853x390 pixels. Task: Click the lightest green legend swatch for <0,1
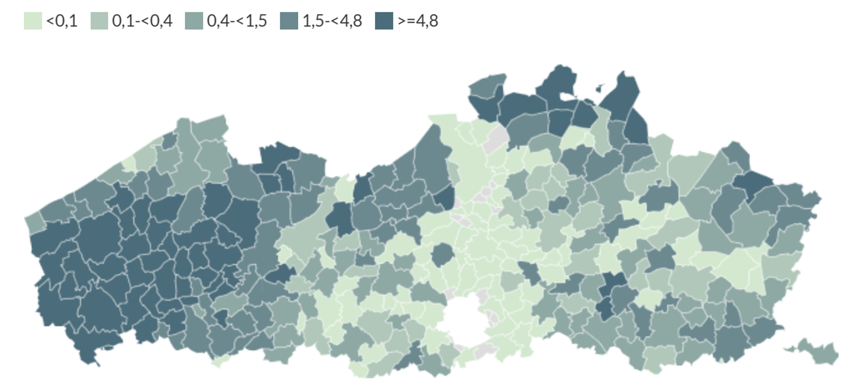[33, 21]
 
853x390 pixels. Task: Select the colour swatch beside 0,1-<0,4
[99, 21]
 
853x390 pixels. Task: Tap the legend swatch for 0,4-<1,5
[194, 21]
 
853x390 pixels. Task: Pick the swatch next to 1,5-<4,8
[289, 21]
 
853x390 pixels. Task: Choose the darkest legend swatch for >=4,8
[384, 21]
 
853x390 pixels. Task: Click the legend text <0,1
[62, 21]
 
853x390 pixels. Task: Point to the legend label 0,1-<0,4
[142, 21]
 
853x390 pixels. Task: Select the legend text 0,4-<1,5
[237, 21]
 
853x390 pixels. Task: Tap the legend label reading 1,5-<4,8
[332, 21]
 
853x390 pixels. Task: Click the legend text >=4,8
[418, 21]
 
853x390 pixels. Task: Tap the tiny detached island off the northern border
[600, 88]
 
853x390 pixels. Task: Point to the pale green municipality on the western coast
[129, 163]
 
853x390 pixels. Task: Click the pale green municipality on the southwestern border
[219, 361]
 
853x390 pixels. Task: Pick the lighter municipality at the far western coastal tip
[34, 222]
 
